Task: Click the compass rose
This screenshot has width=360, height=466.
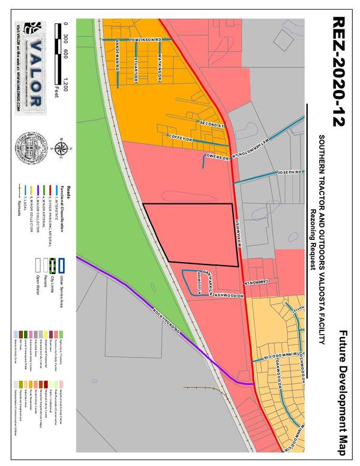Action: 59,146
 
